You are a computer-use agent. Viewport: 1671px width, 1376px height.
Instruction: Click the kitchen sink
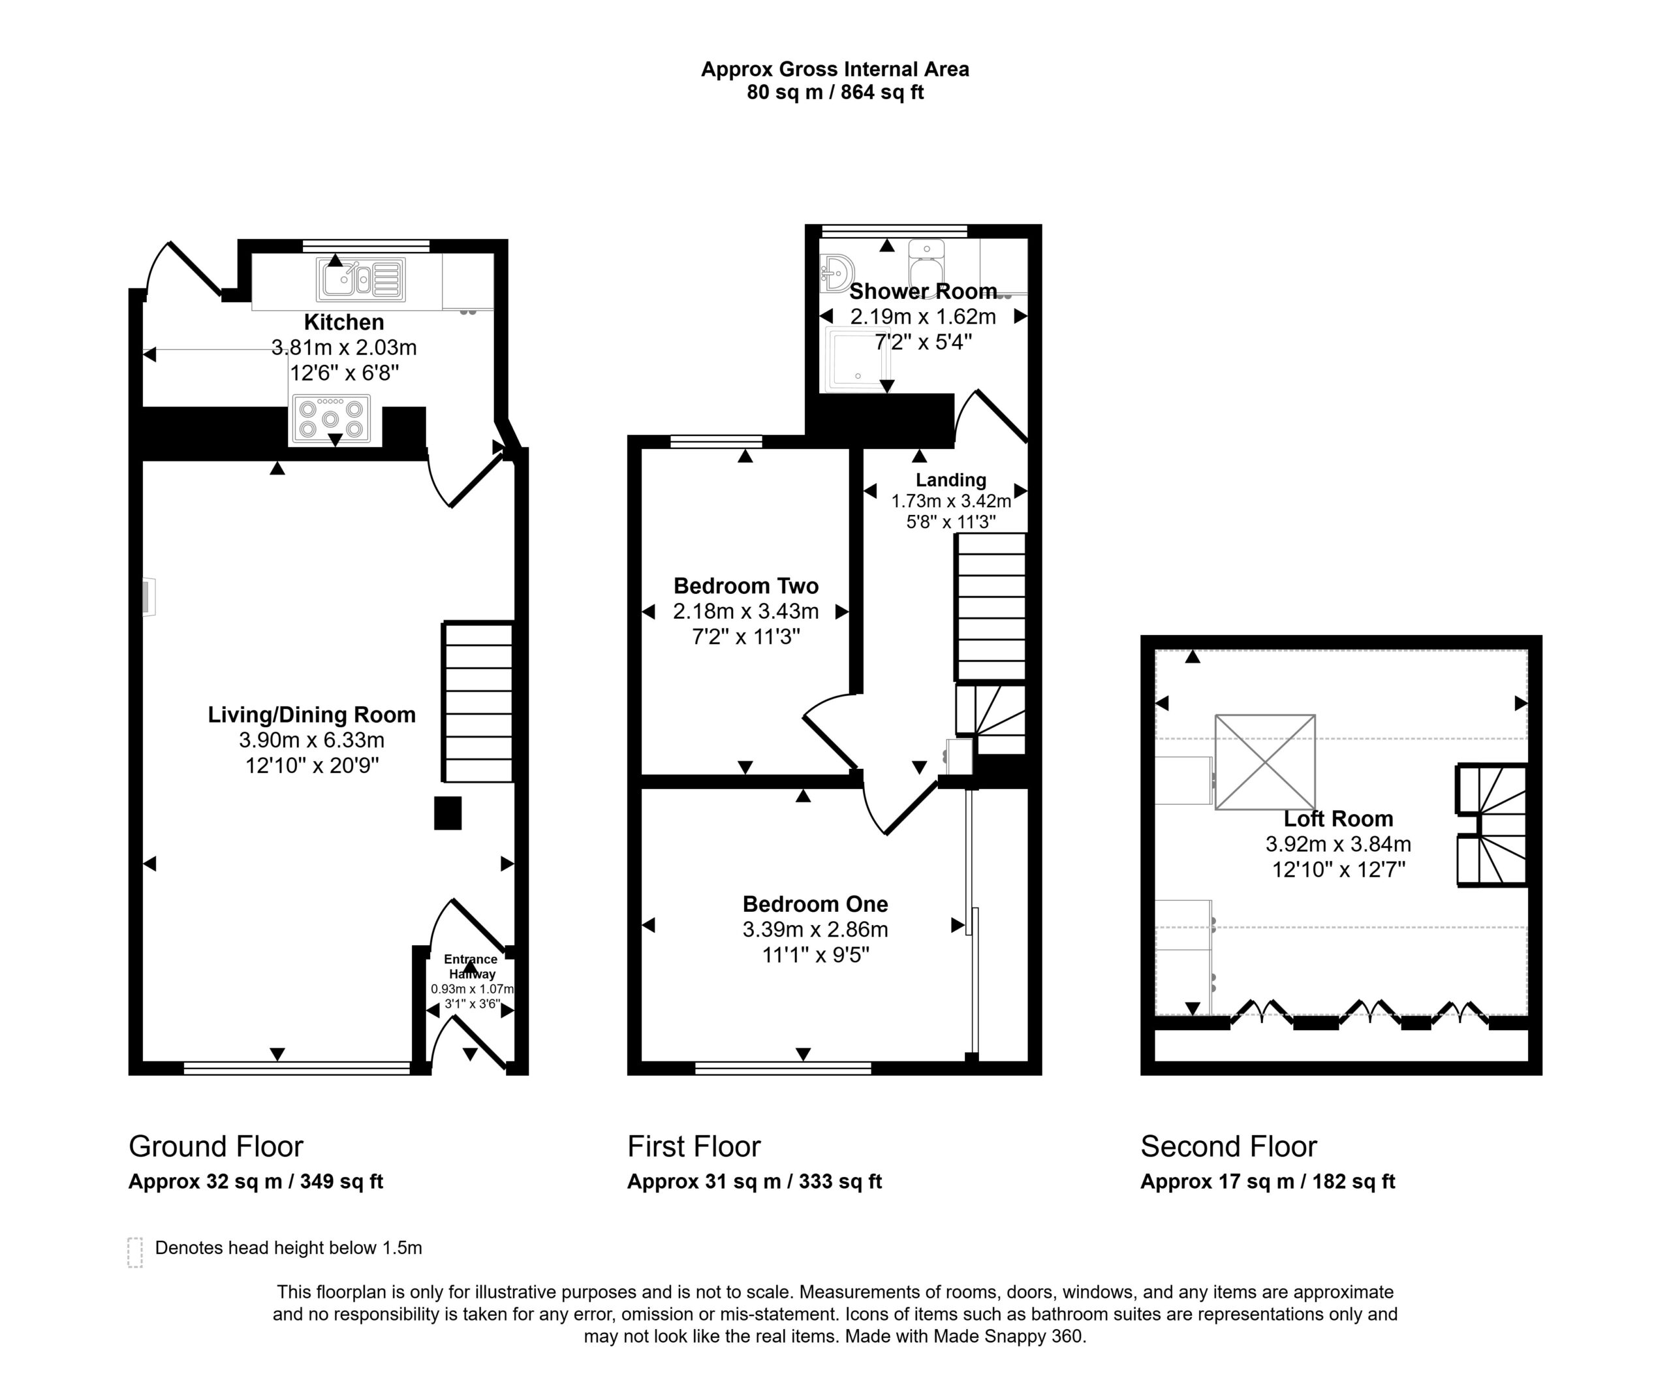(361, 279)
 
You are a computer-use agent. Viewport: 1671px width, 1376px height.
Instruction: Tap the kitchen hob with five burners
(330, 418)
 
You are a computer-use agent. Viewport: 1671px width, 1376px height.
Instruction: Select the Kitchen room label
(344, 322)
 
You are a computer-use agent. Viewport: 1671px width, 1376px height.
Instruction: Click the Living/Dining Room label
(311, 714)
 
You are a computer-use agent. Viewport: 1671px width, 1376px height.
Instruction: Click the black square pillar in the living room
(448, 813)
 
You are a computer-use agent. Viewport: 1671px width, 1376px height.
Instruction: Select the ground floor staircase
(478, 702)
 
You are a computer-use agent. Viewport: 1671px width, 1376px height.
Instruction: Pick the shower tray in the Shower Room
(858, 360)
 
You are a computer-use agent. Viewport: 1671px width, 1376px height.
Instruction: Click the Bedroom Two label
(746, 586)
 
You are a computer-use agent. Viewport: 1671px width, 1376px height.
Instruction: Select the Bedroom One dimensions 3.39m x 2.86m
(815, 929)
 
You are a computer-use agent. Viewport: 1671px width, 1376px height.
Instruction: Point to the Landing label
(950, 480)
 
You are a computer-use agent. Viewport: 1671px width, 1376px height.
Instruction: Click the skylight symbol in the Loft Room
(1265, 762)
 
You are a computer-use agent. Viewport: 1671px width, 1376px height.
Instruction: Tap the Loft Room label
(1338, 818)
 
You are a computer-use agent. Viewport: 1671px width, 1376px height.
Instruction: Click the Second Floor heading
(1228, 1146)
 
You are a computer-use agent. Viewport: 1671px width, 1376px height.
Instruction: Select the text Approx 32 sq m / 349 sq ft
(255, 1181)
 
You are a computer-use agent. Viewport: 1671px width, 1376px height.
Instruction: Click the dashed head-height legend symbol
(134, 1253)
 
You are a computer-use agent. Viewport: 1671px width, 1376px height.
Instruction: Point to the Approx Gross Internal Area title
(835, 69)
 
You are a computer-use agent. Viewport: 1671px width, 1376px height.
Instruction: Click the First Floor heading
(694, 1146)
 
